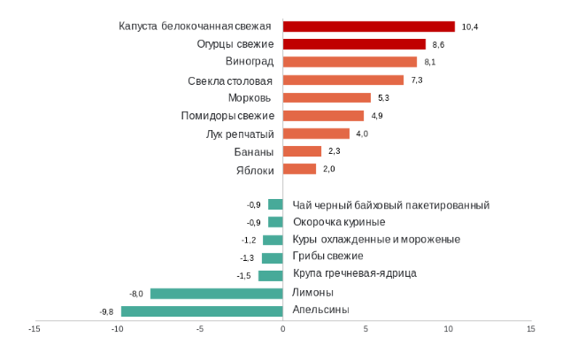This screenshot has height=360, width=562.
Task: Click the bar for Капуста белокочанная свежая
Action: pos(368,27)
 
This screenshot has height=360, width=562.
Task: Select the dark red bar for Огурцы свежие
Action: pos(354,43)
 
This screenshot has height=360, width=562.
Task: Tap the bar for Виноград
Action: pos(350,62)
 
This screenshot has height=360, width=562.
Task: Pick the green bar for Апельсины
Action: pos(202,310)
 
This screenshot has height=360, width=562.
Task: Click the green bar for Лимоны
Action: pos(217,293)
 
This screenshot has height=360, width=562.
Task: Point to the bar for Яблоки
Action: pos(299,169)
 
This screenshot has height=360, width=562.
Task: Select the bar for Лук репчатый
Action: pos(316,134)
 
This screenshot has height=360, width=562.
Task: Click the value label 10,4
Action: pos(470,27)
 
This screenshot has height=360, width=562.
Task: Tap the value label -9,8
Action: pos(107,311)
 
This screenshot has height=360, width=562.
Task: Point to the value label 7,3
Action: pos(417,80)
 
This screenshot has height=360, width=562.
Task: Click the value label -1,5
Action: pos(244,276)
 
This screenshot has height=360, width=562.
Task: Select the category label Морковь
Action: pos(250,97)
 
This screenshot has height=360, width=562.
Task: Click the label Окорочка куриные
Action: pos(339,222)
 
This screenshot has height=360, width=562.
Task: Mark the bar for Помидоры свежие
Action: pos(323,116)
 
